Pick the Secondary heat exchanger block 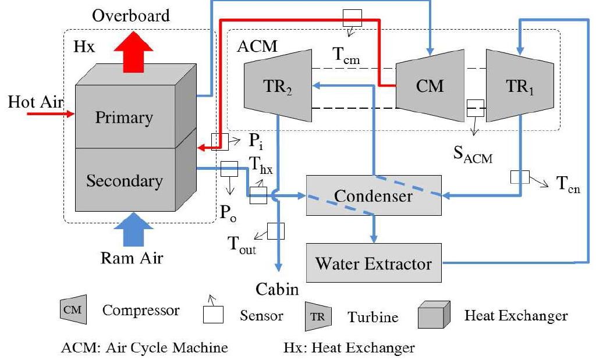123,180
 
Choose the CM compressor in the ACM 430,86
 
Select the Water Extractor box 374,263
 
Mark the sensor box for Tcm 352,17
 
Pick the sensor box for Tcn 519,177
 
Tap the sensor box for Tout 275,231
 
